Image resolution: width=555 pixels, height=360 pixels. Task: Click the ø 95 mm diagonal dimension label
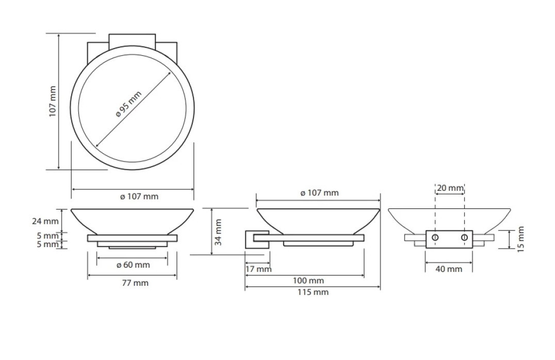pos(129,104)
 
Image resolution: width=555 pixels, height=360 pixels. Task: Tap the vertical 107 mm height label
pos(53,101)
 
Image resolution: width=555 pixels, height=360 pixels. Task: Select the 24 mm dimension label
pos(45,221)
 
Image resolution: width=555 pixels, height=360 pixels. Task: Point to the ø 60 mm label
pos(133,265)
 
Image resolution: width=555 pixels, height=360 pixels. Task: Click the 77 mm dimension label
pos(135,283)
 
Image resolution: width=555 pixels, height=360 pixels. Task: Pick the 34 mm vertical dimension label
pos(218,232)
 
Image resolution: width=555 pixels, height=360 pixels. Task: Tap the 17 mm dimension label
pos(258,269)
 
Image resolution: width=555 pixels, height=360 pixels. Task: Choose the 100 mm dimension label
pos(308,281)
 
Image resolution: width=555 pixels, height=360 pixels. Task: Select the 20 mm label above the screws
pos(450,188)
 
